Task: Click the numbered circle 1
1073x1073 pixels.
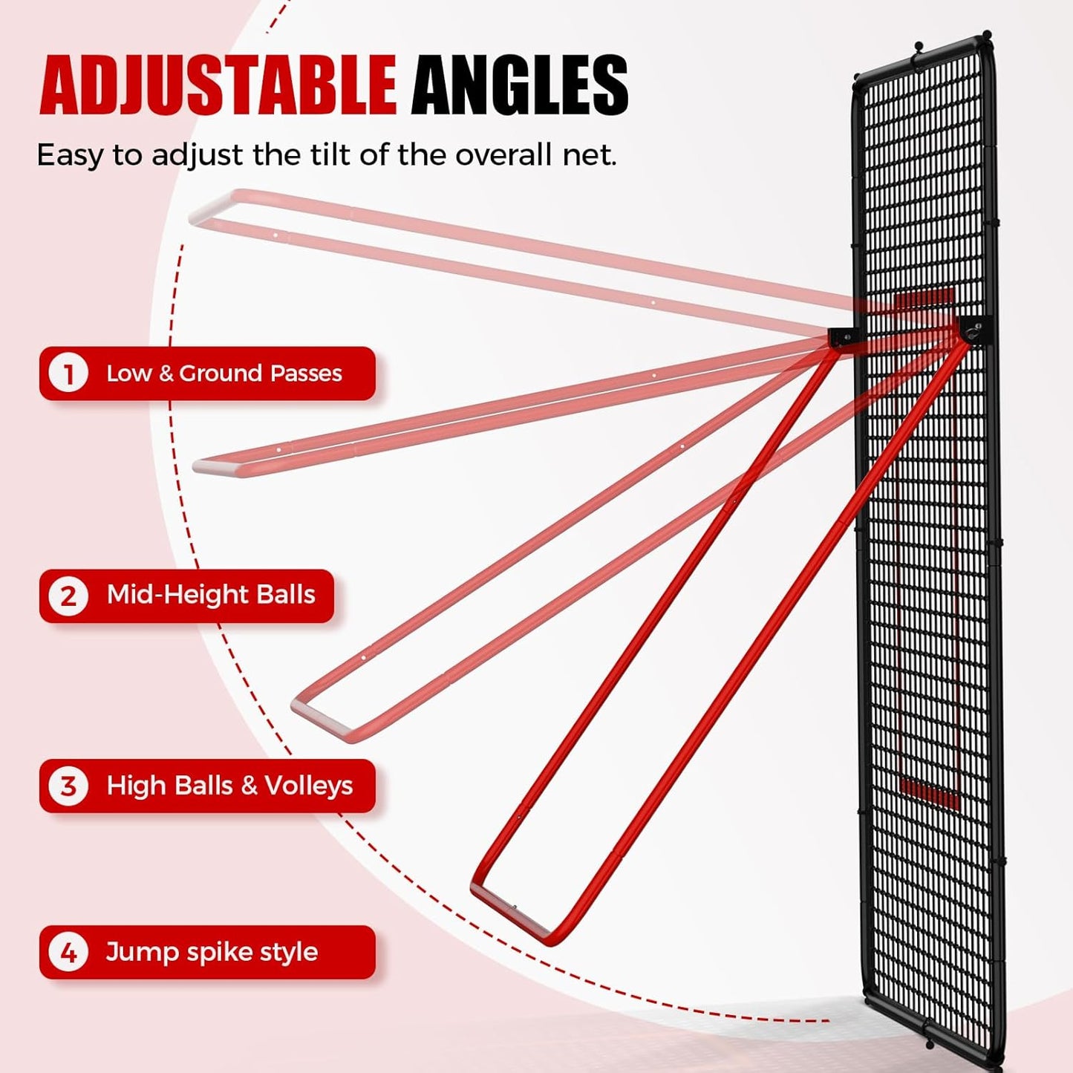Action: (x=68, y=374)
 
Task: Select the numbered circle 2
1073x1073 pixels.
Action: (x=68, y=596)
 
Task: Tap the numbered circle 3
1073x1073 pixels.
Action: (x=68, y=786)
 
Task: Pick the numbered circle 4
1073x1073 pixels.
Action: (x=68, y=952)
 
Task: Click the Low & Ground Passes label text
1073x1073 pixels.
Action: (x=224, y=374)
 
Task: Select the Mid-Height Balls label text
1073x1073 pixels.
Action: (x=211, y=595)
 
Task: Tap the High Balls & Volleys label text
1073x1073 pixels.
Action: (x=229, y=786)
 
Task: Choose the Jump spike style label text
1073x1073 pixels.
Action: (x=212, y=952)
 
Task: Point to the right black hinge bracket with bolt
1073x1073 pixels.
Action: (x=974, y=330)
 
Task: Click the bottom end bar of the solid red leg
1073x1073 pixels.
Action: (x=511, y=911)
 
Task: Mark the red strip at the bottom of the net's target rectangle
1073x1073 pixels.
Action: (x=929, y=794)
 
